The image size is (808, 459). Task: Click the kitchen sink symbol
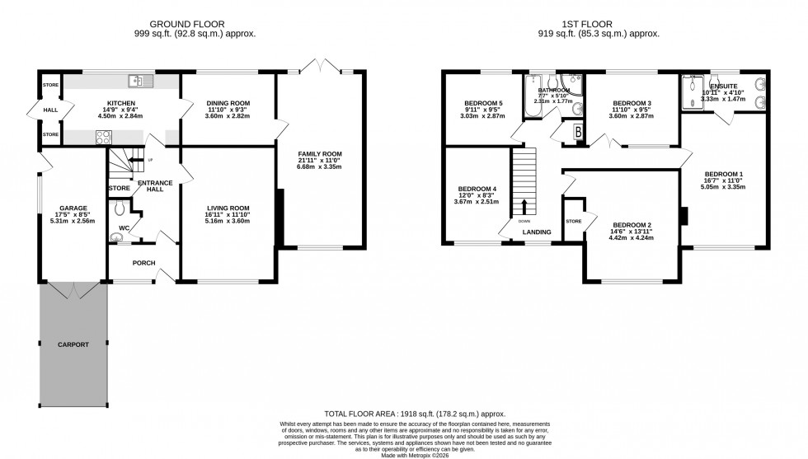click(137, 81)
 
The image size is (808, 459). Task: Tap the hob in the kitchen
click(105, 138)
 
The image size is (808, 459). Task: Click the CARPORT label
click(73, 344)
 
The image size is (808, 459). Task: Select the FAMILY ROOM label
click(319, 154)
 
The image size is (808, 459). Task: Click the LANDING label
click(537, 232)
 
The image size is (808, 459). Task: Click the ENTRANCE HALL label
click(154, 186)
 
